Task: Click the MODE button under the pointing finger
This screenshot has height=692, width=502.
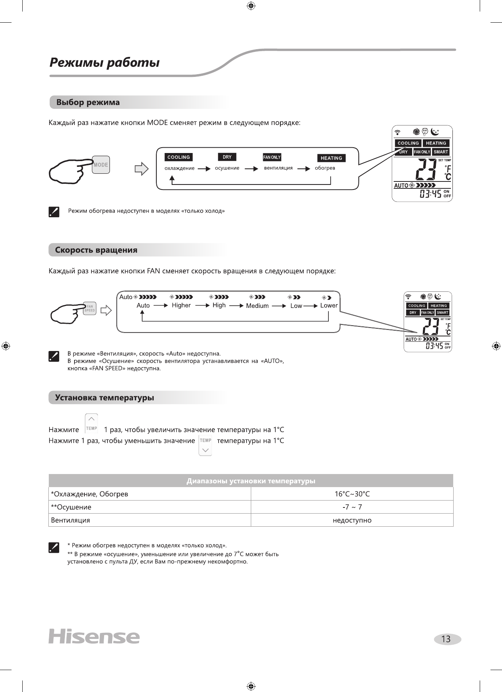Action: pos(101,165)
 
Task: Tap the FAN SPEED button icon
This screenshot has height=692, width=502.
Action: pos(89,308)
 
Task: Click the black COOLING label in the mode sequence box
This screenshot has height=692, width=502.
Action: pos(179,157)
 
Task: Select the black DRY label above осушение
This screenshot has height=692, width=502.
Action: pos(227,157)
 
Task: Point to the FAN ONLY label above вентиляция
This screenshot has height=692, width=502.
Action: pos(272,157)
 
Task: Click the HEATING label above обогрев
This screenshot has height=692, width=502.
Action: pos(331,158)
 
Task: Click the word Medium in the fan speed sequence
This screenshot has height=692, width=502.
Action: pos(257,306)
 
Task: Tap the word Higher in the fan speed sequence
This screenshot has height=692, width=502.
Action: pos(181,305)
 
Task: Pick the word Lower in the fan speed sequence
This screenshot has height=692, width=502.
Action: pos(329,305)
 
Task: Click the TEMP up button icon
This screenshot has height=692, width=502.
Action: pos(91,423)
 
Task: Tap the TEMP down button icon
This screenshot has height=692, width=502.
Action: pos(205,446)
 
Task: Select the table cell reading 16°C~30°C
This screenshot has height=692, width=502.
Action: pos(352,494)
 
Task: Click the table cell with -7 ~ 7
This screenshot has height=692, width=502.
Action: pos(352,507)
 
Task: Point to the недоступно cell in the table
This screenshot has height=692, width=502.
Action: pos(352,520)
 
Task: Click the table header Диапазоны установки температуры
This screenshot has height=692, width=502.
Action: pos(251,481)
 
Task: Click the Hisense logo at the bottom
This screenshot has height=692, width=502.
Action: pos(94,637)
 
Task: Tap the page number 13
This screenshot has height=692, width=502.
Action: pos(446,639)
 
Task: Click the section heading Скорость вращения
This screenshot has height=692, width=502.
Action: pos(96,250)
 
